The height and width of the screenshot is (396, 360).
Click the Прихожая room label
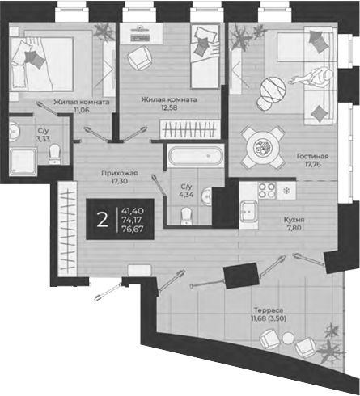tap(119, 173)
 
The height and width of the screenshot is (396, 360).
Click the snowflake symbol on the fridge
tap(285, 192)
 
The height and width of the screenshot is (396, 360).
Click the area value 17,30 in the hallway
tap(119, 183)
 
